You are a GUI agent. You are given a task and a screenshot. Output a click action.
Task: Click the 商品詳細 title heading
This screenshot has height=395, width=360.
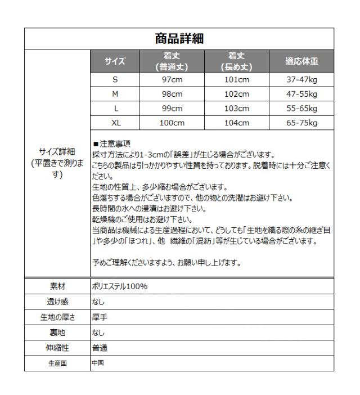(179, 39)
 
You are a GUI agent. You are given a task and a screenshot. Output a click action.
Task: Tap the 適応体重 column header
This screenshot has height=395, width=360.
(301, 61)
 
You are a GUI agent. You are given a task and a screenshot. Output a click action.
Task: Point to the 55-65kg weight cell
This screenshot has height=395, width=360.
(301, 108)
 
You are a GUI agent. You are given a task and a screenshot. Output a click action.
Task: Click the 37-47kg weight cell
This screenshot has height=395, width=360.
(301, 80)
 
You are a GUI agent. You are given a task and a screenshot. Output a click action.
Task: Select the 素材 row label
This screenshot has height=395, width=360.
(57, 286)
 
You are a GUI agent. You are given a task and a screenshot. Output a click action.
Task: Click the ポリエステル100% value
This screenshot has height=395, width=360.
(119, 286)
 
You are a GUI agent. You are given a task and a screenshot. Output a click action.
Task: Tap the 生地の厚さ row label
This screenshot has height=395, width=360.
(57, 317)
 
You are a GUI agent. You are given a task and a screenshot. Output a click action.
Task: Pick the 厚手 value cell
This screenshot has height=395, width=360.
(99, 317)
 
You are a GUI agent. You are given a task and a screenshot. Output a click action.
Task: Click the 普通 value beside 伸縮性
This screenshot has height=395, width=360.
(99, 348)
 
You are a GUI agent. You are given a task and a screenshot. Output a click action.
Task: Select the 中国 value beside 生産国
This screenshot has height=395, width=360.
(98, 363)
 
